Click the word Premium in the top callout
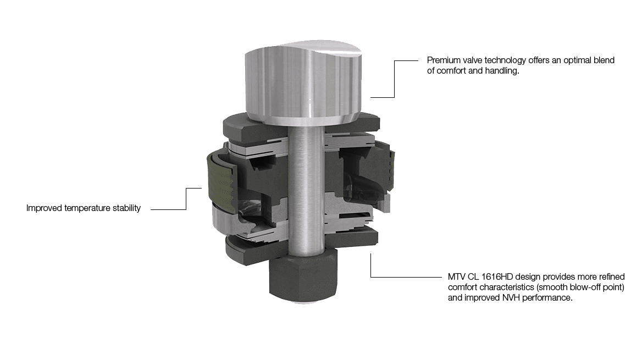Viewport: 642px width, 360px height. click(x=444, y=60)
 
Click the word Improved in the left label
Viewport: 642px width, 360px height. click(x=44, y=208)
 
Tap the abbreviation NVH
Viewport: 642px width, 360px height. click(x=512, y=298)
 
